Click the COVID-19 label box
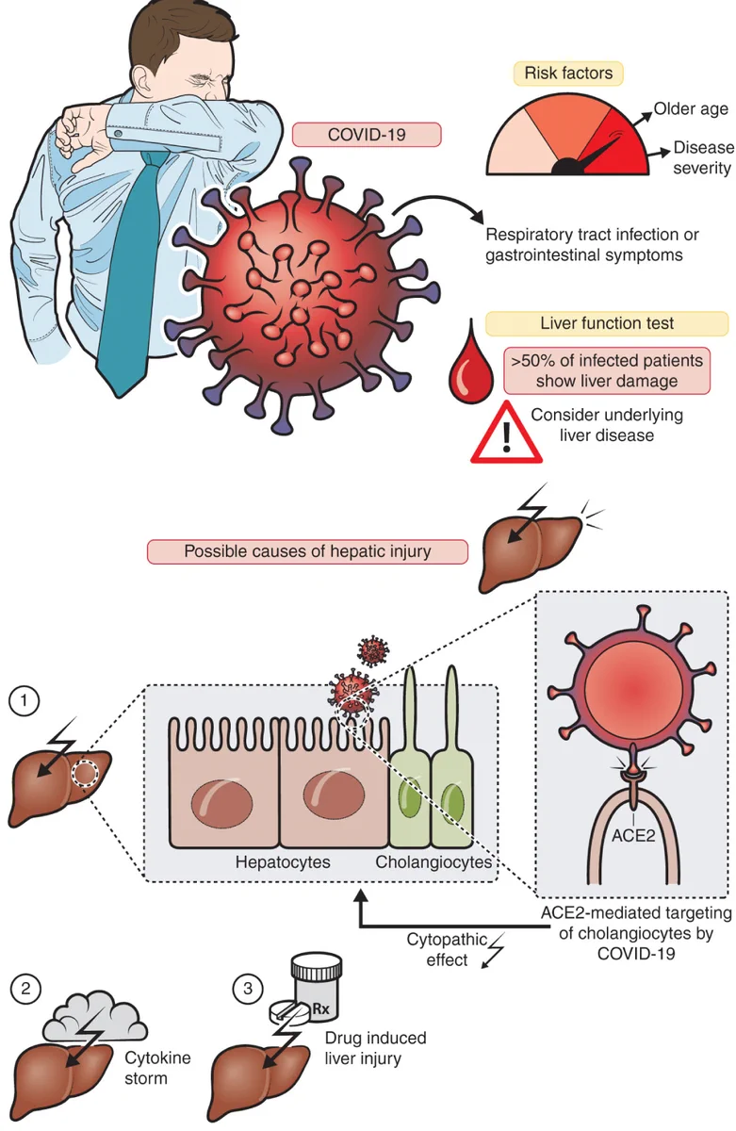pos(367,134)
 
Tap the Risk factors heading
pos(568,74)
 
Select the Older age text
pos(691,108)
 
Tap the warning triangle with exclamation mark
pos(506,434)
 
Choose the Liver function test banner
pos(607,323)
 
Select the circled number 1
pos(24,700)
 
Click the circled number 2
pos(25,988)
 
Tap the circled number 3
pos(247,988)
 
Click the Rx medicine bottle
pos(316,986)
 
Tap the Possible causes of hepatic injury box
pos(307,551)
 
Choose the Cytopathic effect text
pos(448,949)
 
